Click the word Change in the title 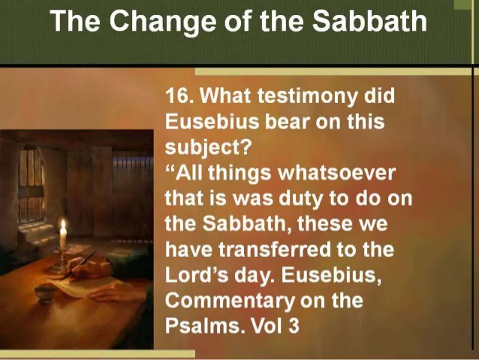click(x=162, y=22)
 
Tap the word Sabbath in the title click(x=369, y=20)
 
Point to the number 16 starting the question click(x=176, y=95)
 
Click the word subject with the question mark click(x=208, y=148)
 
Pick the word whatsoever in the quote click(x=336, y=173)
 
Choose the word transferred click(x=275, y=250)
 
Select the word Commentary click(x=229, y=301)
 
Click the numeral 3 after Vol click(x=294, y=326)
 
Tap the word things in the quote click(x=239, y=173)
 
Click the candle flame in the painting click(x=63, y=225)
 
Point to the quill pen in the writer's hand click(x=80, y=264)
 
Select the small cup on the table click(x=46, y=293)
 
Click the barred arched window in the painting click(x=31, y=183)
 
